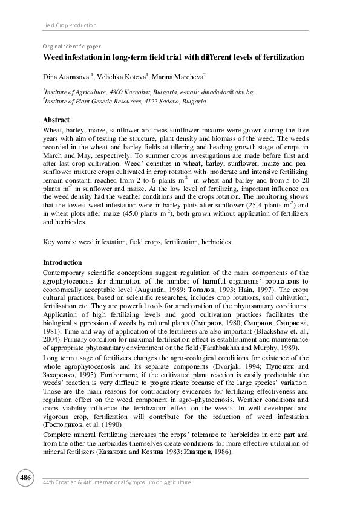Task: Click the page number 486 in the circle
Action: (25, 478)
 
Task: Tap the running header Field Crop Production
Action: (70, 25)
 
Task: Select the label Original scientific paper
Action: (71, 46)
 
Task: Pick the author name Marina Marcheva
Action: (174, 76)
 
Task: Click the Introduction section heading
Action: (62, 263)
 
